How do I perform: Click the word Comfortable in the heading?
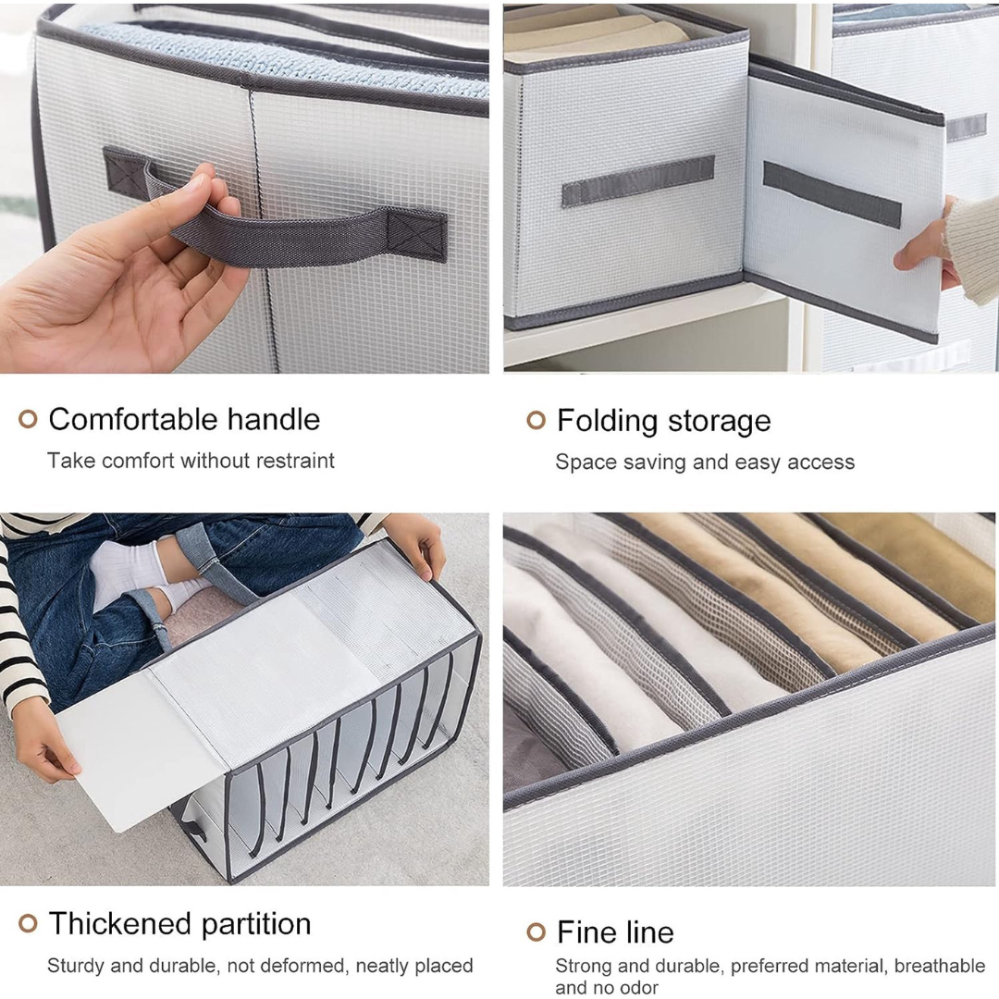pos(133,419)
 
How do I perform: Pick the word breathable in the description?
pos(940,966)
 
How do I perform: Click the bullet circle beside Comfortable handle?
pos(28,419)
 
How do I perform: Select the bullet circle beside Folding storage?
pos(536,420)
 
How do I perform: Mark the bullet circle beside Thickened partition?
pos(28,923)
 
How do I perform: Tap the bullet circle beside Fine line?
pos(536,932)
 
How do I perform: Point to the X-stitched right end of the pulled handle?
pos(416,235)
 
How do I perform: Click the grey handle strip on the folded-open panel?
pos(832,193)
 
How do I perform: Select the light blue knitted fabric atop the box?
pos(280,57)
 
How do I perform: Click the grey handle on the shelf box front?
pos(637,180)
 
